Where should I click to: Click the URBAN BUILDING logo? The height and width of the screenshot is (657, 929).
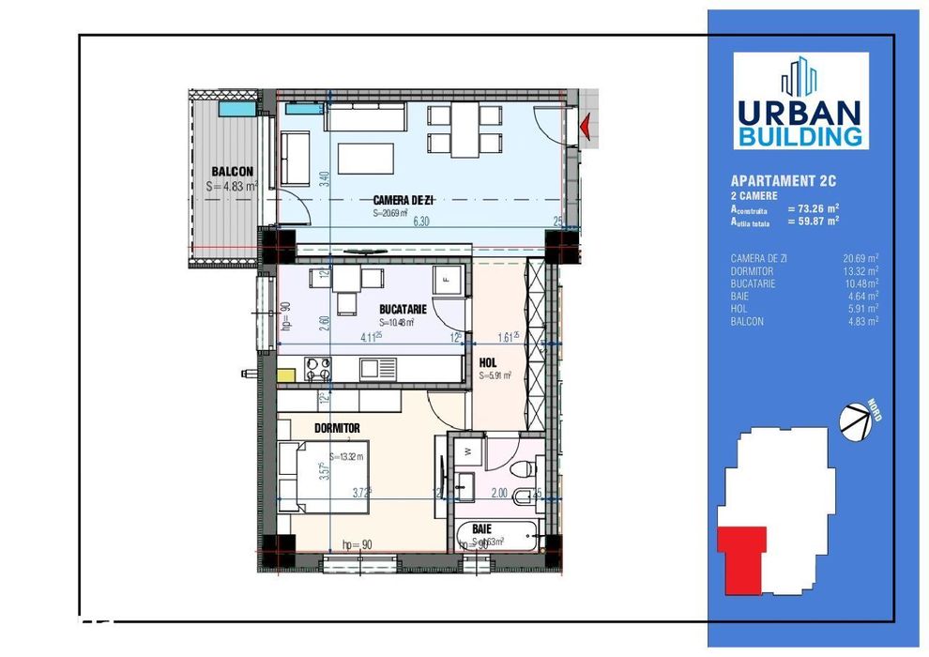pos(800,100)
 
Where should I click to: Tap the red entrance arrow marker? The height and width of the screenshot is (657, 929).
pos(586,123)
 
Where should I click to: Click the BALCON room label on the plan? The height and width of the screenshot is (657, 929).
pos(232,172)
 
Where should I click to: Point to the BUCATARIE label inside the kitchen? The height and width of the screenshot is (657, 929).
pos(404,308)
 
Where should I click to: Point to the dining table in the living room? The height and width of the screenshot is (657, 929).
pos(464,130)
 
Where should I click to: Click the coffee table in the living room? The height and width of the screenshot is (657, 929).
pos(364,157)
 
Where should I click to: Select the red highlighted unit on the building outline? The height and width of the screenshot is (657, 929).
pos(742,558)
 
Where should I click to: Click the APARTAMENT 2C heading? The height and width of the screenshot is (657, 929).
pos(784,181)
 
